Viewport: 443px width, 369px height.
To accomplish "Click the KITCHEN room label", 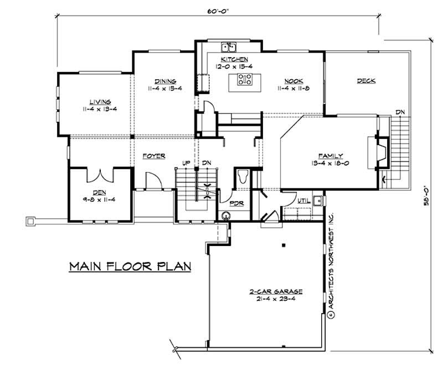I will pyautogui.click(x=234, y=59).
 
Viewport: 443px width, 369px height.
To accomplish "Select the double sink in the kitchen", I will pyautogui.click(x=229, y=47).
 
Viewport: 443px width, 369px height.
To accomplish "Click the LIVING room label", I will pyautogui.click(x=101, y=102).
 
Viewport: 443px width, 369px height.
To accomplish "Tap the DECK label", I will pyautogui.click(x=366, y=81).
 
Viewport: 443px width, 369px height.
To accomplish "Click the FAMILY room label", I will pyautogui.click(x=331, y=156).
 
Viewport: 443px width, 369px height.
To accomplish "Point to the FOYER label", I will pyautogui.click(x=153, y=156).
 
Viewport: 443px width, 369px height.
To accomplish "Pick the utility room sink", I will pyautogui.click(x=317, y=200).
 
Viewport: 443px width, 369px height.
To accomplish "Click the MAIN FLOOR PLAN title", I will pyautogui.click(x=130, y=266).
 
